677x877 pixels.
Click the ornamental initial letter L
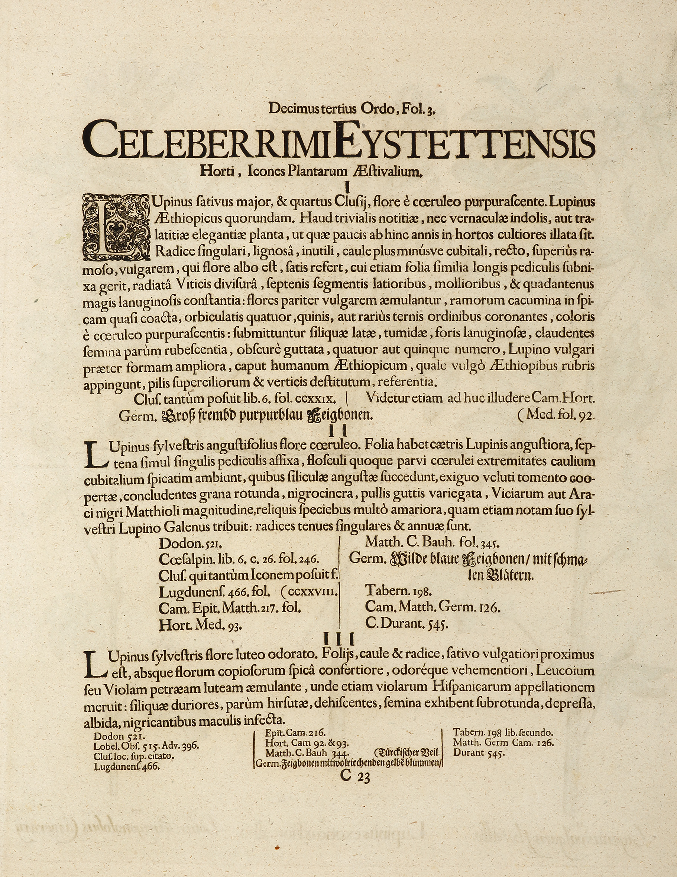[115, 226]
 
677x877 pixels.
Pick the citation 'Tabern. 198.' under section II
[398, 591]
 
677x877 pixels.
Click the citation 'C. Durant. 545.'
[406, 624]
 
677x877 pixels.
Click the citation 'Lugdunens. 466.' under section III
[127, 766]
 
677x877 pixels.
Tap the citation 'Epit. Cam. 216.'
[295, 733]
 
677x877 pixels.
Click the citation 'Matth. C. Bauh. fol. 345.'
[432, 543]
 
